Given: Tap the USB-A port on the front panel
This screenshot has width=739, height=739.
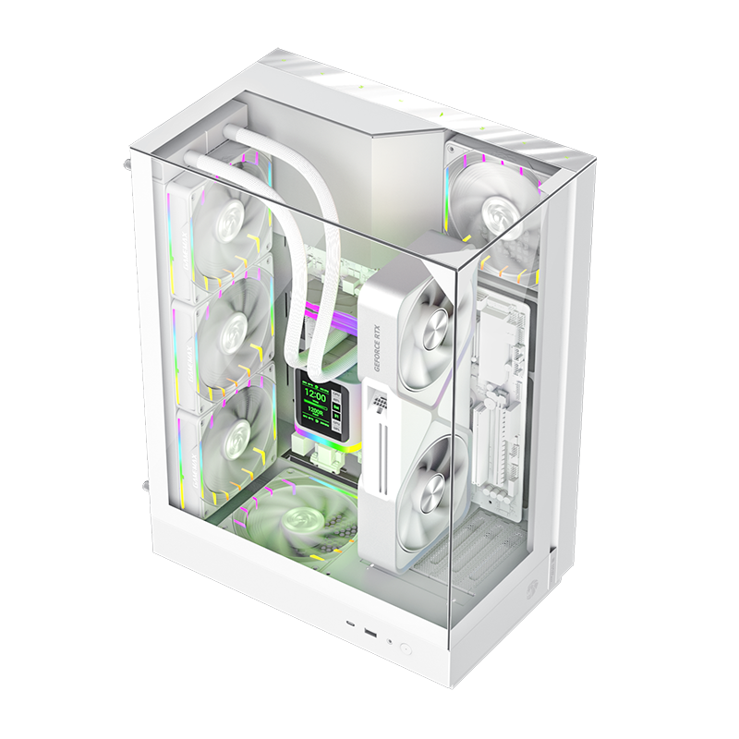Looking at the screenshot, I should coord(369,634).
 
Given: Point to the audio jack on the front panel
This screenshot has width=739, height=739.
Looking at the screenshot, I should coord(389,640).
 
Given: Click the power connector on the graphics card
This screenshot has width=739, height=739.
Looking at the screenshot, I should coord(378,398).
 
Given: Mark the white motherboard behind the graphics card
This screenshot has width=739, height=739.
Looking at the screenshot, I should coord(503,397).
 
